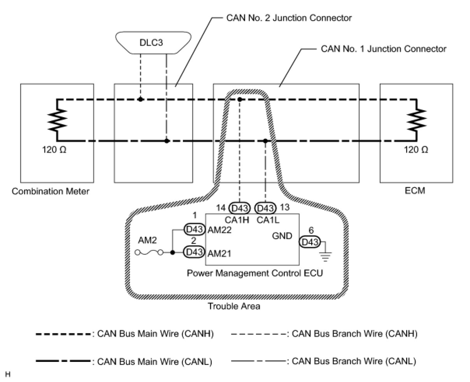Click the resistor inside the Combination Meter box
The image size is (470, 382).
click(x=57, y=120)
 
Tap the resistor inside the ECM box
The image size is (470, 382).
click(x=416, y=120)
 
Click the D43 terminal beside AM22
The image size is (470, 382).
click(x=194, y=229)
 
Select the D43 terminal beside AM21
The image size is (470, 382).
click(x=194, y=252)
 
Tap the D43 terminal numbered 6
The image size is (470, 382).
click(x=310, y=242)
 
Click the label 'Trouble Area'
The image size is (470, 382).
click(x=234, y=306)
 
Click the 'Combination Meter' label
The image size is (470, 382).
click(x=51, y=191)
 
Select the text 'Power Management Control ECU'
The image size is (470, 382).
click(x=255, y=273)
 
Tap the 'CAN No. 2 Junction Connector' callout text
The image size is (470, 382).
click(x=289, y=18)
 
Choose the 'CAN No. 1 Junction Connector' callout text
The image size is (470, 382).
click(x=383, y=49)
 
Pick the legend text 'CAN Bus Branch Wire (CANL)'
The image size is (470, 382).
click(x=354, y=361)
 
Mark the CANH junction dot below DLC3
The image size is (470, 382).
click(x=140, y=99)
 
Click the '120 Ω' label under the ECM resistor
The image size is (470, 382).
click(x=416, y=150)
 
